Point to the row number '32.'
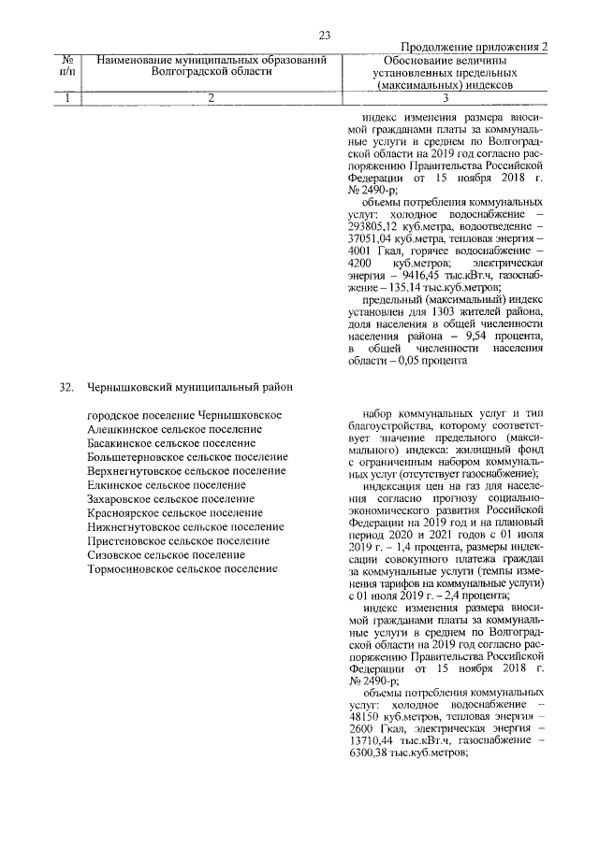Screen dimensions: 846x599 point(66,385)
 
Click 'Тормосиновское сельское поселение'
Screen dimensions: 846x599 point(182,567)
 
